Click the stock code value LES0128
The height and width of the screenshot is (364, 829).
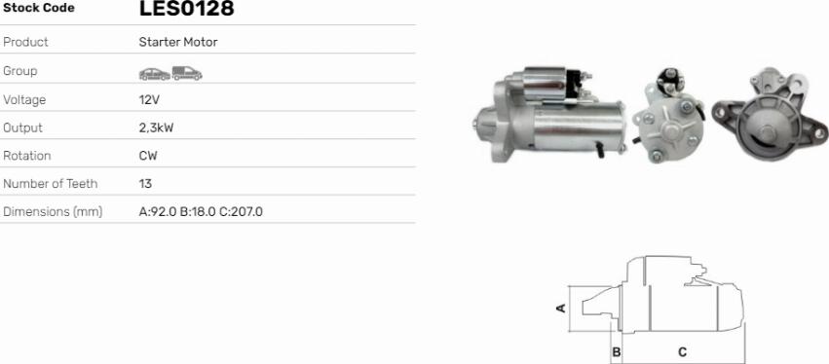[186, 9]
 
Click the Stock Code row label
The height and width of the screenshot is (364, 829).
[39, 8]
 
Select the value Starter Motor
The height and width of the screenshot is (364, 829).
[178, 42]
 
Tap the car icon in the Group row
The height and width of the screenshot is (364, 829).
[154, 74]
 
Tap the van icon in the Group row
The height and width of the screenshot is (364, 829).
[187, 73]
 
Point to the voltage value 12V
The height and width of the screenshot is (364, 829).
[147, 100]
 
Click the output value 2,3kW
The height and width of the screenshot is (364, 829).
[156, 128]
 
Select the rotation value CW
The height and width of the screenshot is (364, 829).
[148, 156]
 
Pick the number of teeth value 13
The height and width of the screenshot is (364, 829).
[145, 184]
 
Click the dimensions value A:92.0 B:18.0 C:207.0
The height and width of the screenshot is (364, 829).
[201, 212]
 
